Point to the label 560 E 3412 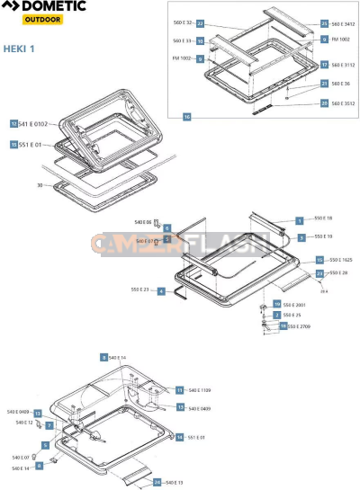pyautogui.click(x=343, y=22)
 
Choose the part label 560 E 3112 pyautogui.click(x=343, y=65)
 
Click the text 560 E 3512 pyautogui.click(x=343, y=103)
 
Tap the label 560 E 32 pyautogui.click(x=183, y=22)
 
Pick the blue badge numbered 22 pyautogui.click(x=201, y=22)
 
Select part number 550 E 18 pyautogui.click(x=323, y=218)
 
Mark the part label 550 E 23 pyautogui.click(x=139, y=290)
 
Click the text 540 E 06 pyautogui.click(x=142, y=221)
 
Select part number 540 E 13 pyautogui.click(x=174, y=483)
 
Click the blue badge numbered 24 pyautogui.click(x=157, y=483)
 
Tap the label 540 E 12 pyautogui.click(x=24, y=422)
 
